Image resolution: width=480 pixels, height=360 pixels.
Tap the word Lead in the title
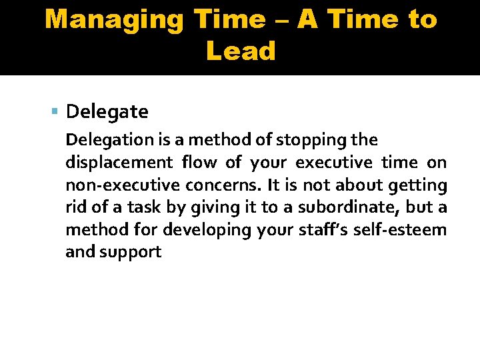(241, 51)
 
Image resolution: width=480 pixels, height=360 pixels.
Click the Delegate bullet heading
(107, 111)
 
